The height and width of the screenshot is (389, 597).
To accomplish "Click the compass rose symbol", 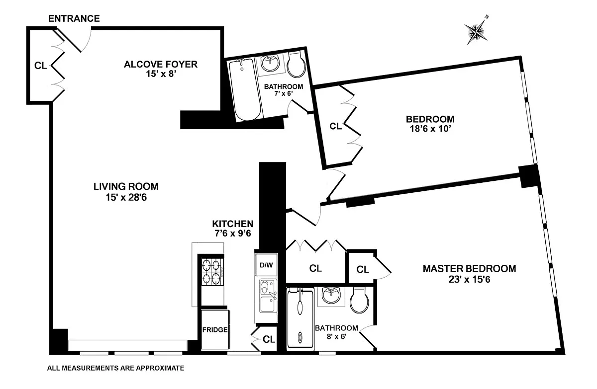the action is [x=477, y=31].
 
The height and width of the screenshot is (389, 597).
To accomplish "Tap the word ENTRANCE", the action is [x=74, y=19].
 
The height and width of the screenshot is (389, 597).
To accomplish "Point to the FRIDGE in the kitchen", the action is [x=215, y=329].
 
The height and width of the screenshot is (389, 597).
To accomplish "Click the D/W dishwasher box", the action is [x=266, y=265].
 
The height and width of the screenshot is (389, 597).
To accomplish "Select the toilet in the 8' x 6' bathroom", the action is [x=358, y=300].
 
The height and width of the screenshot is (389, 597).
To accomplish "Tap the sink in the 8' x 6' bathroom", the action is [x=330, y=296].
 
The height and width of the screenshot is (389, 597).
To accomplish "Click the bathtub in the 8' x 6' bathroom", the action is [x=300, y=318].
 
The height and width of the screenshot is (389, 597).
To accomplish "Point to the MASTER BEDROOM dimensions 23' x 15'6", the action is [x=469, y=280].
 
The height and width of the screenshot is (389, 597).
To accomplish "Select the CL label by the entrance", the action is [x=40, y=65].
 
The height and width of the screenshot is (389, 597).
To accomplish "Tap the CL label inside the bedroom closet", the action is [x=336, y=126].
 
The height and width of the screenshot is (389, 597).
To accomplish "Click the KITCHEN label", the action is [x=233, y=224].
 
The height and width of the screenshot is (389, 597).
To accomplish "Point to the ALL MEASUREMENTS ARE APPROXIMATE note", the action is [x=115, y=369].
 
